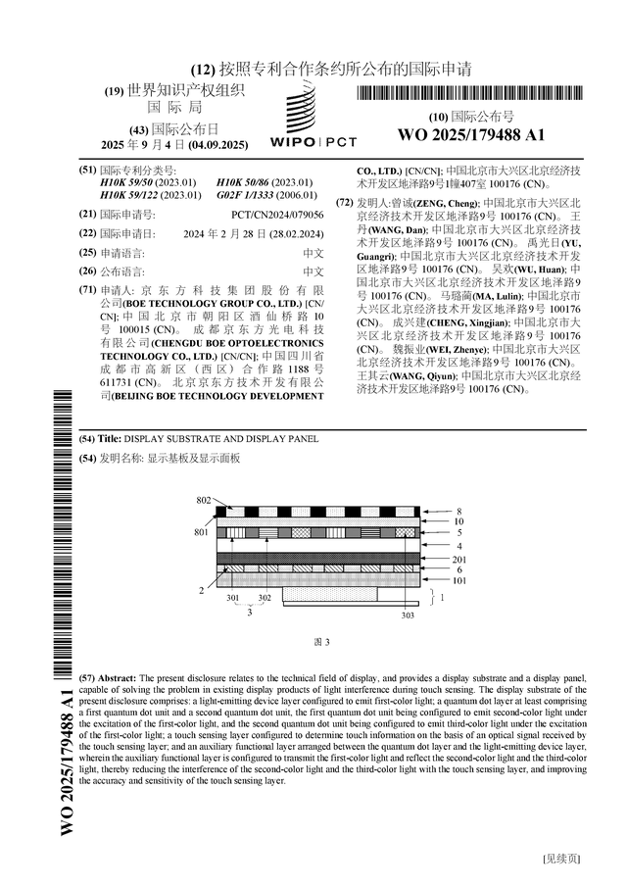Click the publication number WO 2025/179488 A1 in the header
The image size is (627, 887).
click(470, 134)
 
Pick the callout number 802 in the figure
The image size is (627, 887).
click(203, 501)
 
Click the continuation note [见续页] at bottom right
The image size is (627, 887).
click(561, 859)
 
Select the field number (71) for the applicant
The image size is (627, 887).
click(87, 290)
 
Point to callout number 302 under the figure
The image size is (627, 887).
click(265, 597)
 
